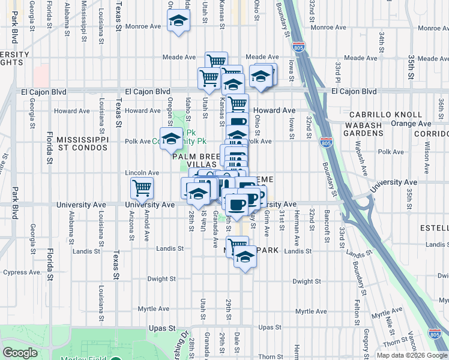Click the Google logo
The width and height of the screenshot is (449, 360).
(x=20, y=353)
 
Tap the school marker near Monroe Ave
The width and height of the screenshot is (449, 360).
(x=178, y=22)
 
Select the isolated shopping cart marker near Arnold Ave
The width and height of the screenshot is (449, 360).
(x=142, y=188)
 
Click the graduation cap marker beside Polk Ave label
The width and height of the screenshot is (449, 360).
(x=171, y=139)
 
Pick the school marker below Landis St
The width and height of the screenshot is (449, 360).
(x=244, y=257)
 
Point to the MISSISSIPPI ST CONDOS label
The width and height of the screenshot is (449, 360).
(x=82, y=144)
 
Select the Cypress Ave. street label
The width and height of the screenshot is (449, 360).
(x=22, y=272)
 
